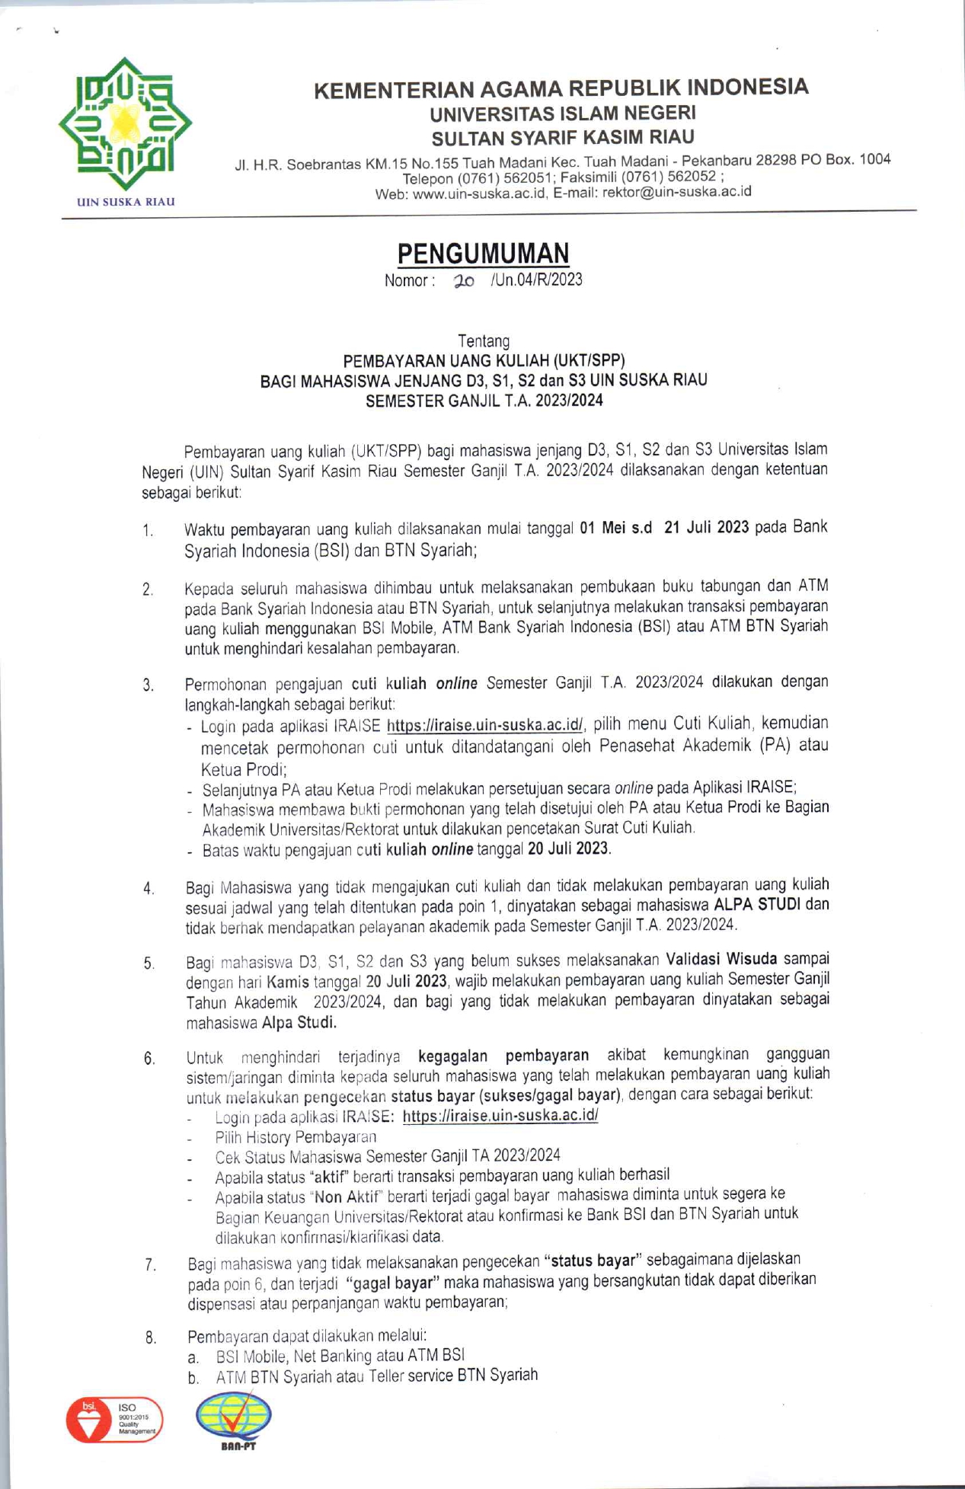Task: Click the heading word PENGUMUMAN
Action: (x=483, y=253)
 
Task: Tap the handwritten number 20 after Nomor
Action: (x=463, y=281)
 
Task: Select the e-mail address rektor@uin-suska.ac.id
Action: (x=676, y=192)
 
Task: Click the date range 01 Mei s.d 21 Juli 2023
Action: (x=664, y=528)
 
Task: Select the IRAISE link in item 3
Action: (x=485, y=724)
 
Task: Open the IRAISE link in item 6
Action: (x=500, y=1116)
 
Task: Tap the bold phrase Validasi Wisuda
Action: (x=721, y=959)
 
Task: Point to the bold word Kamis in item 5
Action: (x=289, y=982)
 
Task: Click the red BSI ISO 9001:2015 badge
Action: (x=114, y=1420)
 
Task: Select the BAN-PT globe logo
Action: (x=234, y=1416)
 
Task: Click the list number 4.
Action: (x=149, y=888)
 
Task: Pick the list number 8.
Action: (x=151, y=1337)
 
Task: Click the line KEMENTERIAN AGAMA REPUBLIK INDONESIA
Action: (x=561, y=88)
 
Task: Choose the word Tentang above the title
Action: (x=484, y=340)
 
